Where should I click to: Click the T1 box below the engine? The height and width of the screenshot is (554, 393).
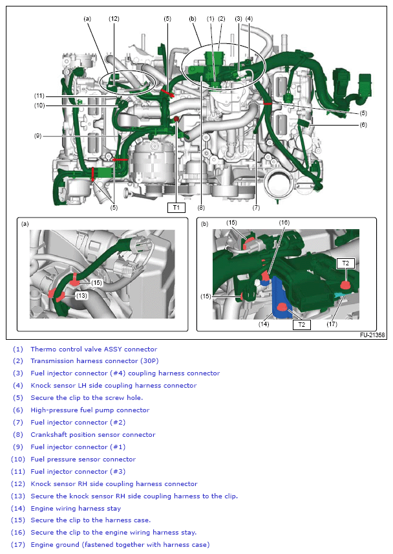(176, 208)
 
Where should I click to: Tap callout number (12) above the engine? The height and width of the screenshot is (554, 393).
(114, 19)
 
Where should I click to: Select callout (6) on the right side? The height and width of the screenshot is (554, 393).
(363, 124)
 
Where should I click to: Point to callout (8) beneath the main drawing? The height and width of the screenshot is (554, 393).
(202, 208)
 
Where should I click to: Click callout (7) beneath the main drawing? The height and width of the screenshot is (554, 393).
(257, 208)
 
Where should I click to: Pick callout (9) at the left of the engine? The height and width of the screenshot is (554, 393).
(38, 136)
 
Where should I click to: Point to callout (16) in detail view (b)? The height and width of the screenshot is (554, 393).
(284, 222)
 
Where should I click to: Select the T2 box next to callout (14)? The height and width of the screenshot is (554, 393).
(301, 325)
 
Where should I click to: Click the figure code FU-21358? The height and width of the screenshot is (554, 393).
(372, 335)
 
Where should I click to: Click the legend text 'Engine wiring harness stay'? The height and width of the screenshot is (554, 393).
(75, 508)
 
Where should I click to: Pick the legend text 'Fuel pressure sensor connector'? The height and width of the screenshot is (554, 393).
(83, 459)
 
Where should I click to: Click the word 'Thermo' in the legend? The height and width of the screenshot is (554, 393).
(43, 349)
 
